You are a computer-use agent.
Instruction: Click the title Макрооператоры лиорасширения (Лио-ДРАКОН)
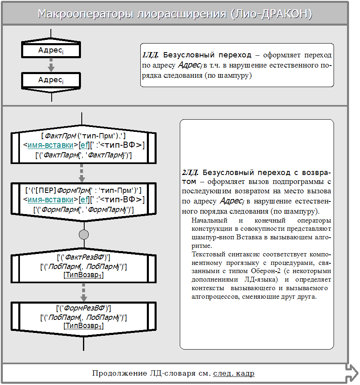(175, 14)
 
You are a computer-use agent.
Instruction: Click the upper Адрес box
(51, 50)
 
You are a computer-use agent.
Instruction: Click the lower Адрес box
(51, 80)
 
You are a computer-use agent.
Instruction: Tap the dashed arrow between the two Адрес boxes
(51, 65)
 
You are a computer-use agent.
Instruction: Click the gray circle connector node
(83, 234)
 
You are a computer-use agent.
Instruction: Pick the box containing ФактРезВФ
(83, 267)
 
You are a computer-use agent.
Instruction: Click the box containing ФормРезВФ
(83, 317)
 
